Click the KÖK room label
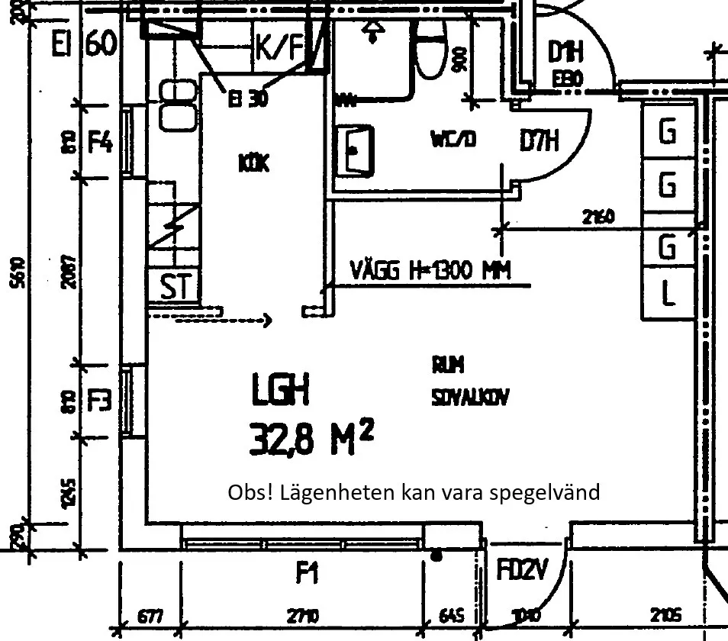pyautogui.click(x=253, y=163)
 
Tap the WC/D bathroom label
pyautogui.click(x=453, y=140)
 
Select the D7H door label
pyautogui.click(x=540, y=140)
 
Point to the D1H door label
pyautogui.click(x=565, y=53)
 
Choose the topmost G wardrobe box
pyautogui.click(x=668, y=132)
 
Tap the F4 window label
pyautogui.click(x=101, y=142)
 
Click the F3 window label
pyautogui.click(x=100, y=401)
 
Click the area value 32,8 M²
pyautogui.click(x=311, y=439)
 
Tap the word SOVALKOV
pyautogui.click(x=470, y=397)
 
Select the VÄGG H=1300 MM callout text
pyautogui.click(x=430, y=270)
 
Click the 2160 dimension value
pyautogui.click(x=598, y=217)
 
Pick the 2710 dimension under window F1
pyautogui.click(x=304, y=616)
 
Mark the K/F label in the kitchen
pyautogui.click(x=279, y=48)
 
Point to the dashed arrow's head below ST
pyautogui.click(x=268, y=320)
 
